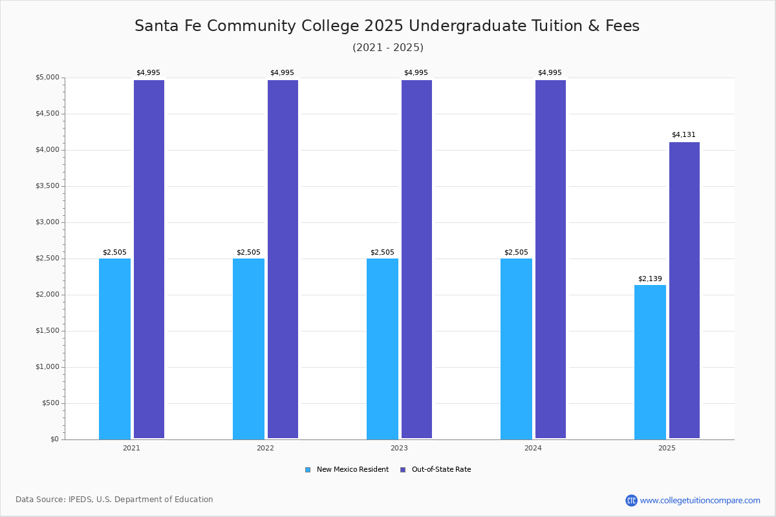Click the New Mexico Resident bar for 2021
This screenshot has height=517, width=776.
[x=114, y=349]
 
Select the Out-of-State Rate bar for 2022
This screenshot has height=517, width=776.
[x=283, y=258]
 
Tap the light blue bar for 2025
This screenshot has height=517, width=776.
[x=650, y=362]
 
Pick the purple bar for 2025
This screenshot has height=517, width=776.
[x=684, y=291]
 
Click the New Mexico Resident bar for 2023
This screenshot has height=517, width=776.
[x=382, y=349]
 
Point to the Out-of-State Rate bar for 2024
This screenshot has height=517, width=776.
[x=550, y=258]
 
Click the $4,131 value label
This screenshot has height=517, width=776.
[x=684, y=134]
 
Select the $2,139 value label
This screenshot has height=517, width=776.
[x=650, y=279]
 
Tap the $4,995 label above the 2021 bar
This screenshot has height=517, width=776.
[x=148, y=72]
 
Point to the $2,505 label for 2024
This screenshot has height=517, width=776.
[x=516, y=252]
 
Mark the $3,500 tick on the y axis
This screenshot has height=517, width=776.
[x=47, y=186]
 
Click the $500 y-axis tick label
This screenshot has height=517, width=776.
[x=50, y=403]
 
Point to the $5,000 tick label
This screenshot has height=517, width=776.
[x=47, y=78]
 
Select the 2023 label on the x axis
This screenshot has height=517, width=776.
[x=399, y=448]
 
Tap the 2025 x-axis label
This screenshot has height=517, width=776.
[x=667, y=448]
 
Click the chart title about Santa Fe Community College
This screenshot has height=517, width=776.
[x=387, y=26]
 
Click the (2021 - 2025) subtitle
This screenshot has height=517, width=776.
[x=388, y=47]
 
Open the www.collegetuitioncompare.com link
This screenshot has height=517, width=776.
[x=700, y=500]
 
